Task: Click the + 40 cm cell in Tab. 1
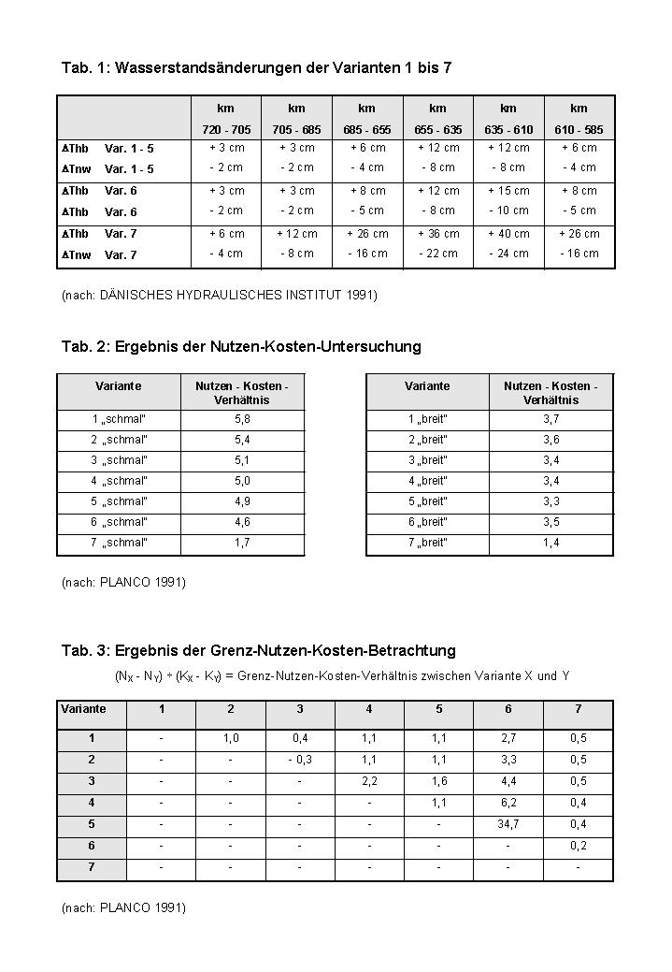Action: point(508,234)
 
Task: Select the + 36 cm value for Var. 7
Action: point(438,234)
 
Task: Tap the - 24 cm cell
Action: point(508,254)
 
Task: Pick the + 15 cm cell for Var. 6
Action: point(508,191)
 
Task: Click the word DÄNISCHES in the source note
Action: point(134,296)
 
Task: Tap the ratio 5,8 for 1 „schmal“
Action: point(242,419)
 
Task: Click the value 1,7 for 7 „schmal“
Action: point(242,543)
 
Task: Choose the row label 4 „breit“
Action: point(428,481)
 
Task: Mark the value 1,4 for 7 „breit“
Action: point(551,543)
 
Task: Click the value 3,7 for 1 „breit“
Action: point(551,419)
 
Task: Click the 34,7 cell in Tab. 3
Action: point(508,824)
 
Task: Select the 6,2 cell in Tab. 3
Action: point(508,803)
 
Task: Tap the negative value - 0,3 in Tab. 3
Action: point(299,760)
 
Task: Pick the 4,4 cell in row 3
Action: point(508,781)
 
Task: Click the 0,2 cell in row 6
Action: point(579,846)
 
